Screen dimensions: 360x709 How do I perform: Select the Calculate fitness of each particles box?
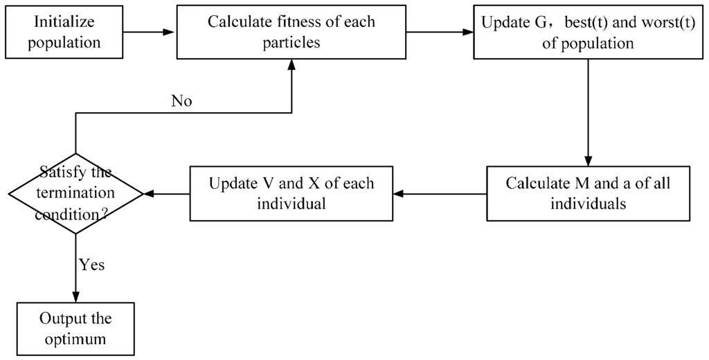[x=291, y=33]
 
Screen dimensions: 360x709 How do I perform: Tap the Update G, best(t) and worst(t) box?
[x=587, y=33]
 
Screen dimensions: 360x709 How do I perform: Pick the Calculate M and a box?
[x=588, y=194]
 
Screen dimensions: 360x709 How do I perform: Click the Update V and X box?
[x=291, y=194]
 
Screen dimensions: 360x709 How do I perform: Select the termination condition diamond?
[x=75, y=194]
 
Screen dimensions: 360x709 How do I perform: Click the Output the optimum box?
[x=75, y=329]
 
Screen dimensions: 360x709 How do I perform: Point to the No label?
[x=181, y=101]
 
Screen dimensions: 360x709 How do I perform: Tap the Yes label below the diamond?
[x=92, y=265]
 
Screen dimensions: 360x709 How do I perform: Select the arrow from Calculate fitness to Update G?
[x=439, y=33]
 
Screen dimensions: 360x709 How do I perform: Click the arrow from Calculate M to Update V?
[x=440, y=194]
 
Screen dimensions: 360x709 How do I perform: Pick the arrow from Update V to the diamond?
[x=166, y=194]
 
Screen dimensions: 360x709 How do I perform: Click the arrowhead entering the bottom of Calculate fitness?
[x=291, y=64]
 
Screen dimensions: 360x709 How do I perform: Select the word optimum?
[x=75, y=339]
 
